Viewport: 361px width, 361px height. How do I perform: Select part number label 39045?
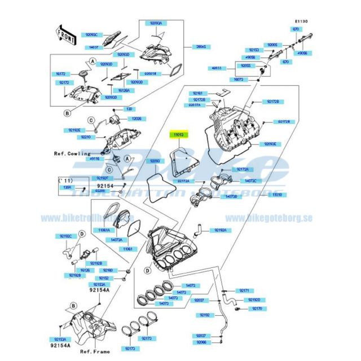coord(200,47)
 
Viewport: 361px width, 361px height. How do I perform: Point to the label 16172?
coord(61,74)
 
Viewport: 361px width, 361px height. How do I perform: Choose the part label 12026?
coord(137,119)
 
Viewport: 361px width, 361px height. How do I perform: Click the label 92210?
coord(86,137)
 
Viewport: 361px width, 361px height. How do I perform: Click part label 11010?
coord(277,195)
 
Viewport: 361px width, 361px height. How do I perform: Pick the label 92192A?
coord(219,231)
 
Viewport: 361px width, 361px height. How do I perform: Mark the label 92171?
coord(244,290)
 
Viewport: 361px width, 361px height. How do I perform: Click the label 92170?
coord(257,309)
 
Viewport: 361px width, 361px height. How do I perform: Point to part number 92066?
coord(201,342)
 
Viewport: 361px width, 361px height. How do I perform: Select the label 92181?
coord(197,93)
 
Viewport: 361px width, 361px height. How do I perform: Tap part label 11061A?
coord(104,230)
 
